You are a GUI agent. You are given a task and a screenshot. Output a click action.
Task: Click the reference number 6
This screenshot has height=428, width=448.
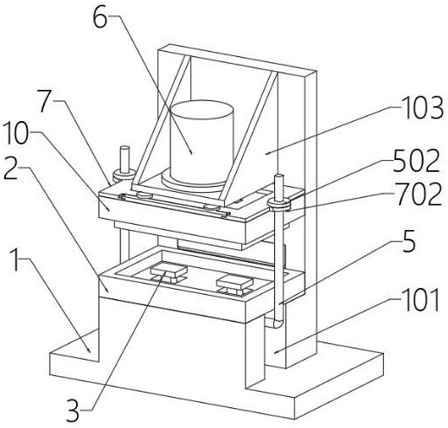(x=100, y=17)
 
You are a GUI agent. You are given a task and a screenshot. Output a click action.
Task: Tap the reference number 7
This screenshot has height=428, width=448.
(x=47, y=101)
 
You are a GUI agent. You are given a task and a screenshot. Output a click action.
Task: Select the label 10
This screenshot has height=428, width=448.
(x=16, y=132)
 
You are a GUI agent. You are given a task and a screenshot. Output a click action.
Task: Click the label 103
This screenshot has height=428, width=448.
(x=424, y=108)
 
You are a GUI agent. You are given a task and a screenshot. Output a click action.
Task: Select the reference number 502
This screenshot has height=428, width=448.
(x=416, y=161)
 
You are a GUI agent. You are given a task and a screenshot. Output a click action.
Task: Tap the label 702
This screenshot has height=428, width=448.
(x=419, y=195)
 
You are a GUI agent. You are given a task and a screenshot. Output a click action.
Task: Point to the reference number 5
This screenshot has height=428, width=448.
(x=409, y=241)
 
